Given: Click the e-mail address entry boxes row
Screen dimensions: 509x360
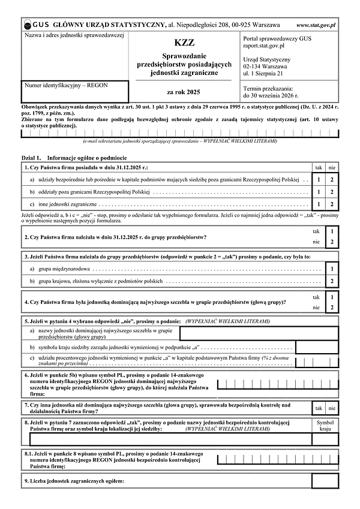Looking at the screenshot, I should pos(180,133).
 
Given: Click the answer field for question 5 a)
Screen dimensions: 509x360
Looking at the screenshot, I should pos(259,334).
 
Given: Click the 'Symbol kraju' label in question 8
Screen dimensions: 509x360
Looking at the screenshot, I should pos(325,425).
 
